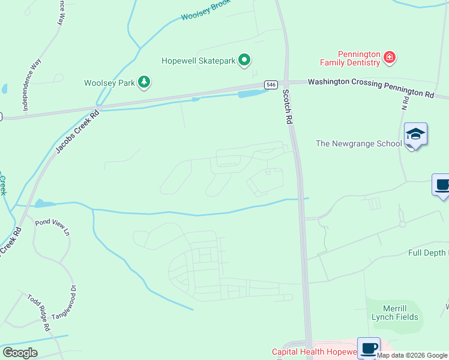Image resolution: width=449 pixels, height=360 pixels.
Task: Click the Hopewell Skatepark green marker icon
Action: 244,60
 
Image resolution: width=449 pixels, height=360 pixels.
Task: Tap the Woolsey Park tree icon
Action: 143,82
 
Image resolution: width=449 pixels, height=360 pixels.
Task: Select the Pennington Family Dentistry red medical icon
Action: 390,58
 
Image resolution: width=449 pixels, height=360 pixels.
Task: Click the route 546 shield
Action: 271,85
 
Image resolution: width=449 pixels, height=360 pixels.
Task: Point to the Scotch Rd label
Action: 288,107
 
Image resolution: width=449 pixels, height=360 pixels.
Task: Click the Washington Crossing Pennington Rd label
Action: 370,88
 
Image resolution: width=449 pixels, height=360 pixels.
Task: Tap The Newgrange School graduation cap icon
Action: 415,134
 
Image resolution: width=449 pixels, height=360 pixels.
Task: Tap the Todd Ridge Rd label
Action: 37,313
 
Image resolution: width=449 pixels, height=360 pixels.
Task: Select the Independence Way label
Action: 32,84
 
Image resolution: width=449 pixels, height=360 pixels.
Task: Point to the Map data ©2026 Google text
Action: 412,355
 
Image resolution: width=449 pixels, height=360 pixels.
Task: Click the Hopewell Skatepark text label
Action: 198,61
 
